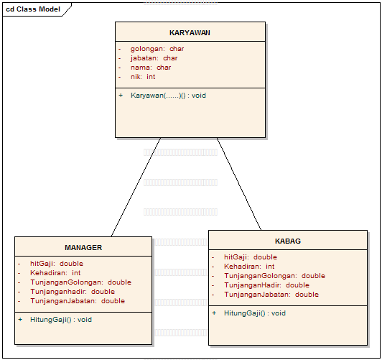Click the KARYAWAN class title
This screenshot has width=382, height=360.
190,32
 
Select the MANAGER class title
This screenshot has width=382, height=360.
83,247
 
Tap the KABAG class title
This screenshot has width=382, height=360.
287,241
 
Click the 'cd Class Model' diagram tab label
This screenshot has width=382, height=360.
33,9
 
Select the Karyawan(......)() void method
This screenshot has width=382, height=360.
168,95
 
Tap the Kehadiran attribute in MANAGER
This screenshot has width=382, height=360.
55,273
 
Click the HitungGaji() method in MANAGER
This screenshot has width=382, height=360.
60,319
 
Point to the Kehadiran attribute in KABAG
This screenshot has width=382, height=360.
248,266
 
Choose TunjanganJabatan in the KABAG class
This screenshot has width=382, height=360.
271,294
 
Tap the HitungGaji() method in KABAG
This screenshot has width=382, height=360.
254,313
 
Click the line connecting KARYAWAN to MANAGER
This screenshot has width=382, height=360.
136,186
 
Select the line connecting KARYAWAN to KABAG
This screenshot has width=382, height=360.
239,183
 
